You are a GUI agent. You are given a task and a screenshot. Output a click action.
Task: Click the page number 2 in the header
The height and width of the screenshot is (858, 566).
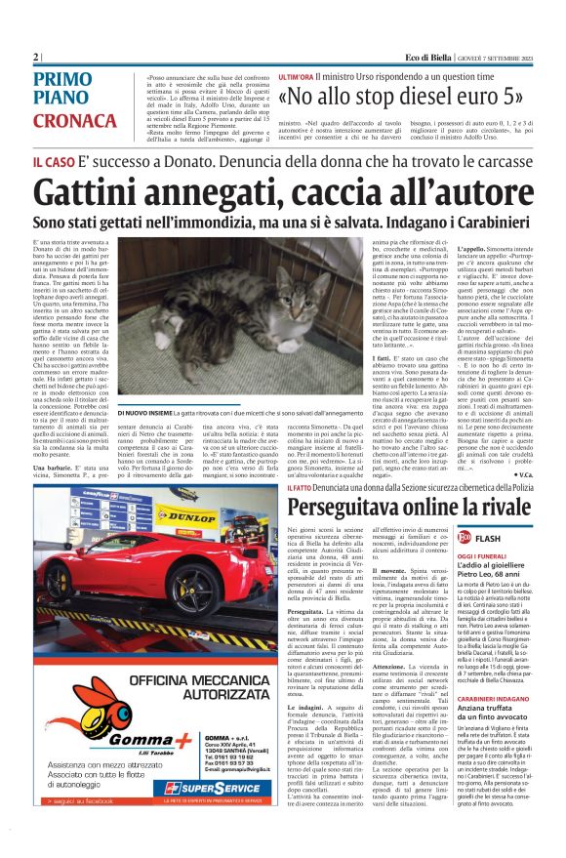(36, 56)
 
